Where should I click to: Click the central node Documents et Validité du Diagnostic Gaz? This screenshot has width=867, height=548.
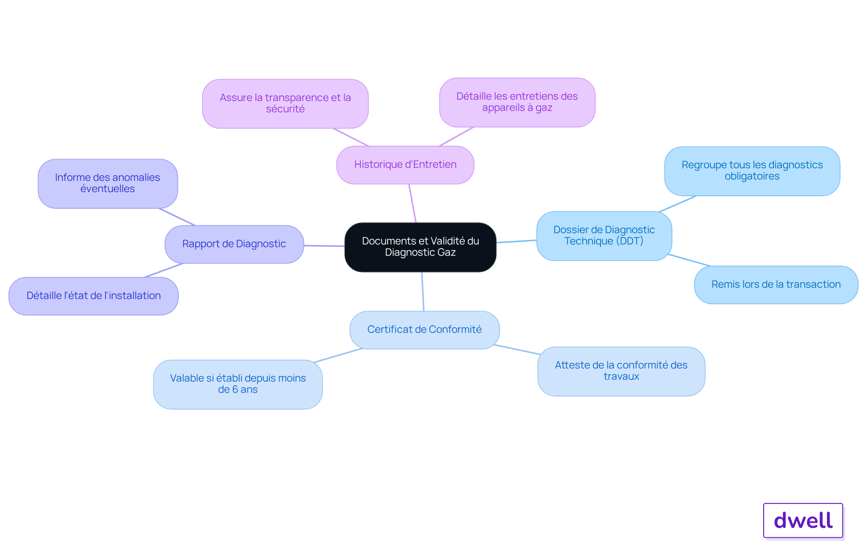click(420, 247)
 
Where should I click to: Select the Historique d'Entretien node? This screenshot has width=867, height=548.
click(406, 165)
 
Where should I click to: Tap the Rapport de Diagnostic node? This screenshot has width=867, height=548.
click(234, 244)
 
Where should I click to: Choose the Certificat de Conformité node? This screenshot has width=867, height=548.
click(424, 330)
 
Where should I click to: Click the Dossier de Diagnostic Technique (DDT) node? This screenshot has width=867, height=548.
click(604, 236)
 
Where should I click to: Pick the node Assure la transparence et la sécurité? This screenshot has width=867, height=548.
click(285, 104)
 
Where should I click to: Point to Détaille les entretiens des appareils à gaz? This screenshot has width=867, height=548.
click(517, 102)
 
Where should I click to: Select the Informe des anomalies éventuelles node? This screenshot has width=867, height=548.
click(108, 184)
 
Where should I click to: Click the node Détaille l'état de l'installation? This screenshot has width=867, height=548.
click(93, 296)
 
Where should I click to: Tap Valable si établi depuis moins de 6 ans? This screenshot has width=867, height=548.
click(238, 384)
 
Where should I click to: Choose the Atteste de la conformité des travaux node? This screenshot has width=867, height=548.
click(621, 371)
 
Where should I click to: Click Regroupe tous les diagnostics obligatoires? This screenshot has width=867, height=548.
click(752, 171)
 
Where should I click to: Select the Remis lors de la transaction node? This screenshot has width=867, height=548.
click(776, 285)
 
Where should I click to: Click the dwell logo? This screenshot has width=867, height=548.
click(803, 520)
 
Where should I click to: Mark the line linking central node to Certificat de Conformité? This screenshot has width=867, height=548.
click(423, 291)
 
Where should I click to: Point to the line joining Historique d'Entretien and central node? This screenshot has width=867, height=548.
click(413, 203)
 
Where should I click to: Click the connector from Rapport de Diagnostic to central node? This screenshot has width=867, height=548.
click(324, 246)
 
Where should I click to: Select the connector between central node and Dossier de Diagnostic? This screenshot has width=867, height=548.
click(517, 241)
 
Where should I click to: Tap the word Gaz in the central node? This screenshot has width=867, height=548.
click(446, 253)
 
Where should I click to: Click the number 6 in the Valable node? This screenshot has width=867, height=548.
click(235, 390)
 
